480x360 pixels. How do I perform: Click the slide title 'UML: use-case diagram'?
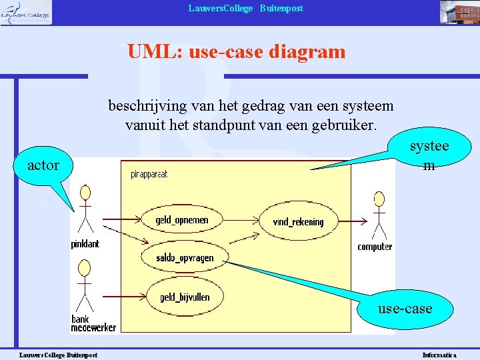pyautogui.click(x=237, y=51)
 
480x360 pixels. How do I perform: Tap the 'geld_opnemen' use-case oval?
pyautogui.click(x=182, y=220)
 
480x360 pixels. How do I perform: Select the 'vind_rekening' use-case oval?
pyautogui.click(x=298, y=221)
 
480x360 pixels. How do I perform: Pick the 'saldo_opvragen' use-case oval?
pyautogui.click(x=185, y=257)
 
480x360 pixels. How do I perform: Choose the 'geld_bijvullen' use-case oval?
pyautogui.click(x=184, y=297)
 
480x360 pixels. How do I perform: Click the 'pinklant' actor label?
pyautogui.click(x=85, y=244)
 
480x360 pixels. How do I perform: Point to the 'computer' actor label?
pyautogui.click(x=375, y=247)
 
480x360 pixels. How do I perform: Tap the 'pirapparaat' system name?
pyautogui.click(x=149, y=175)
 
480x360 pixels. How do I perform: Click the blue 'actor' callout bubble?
pyautogui.click(x=43, y=165)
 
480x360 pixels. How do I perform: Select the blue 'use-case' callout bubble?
pyautogui.click(x=405, y=309)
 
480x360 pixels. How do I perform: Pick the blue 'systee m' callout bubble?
pyautogui.click(x=429, y=155)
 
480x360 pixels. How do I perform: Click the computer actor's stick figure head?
pyautogui.click(x=379, y=198)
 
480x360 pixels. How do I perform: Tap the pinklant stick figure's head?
pyautogui.click(x=85, y=193)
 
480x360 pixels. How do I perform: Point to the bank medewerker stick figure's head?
pyautogui.click(x=84, y=268)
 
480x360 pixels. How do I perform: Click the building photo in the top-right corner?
pyautogui.click(x=458, y=12)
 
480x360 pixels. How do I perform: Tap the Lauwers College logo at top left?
pyautogui.click(x=26, y=12)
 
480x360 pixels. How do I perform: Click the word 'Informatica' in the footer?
pyautogui.click(x=439, y=355)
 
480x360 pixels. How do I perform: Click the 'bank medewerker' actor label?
pyautogui.click(x=93, y=323)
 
